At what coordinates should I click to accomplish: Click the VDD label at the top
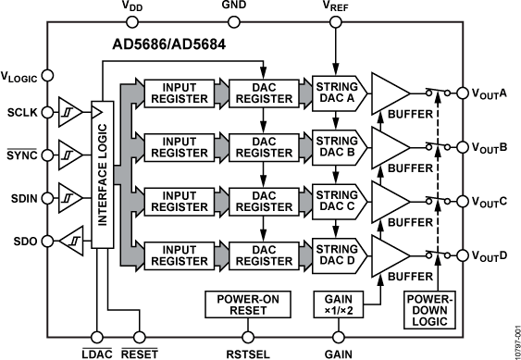[133, 7]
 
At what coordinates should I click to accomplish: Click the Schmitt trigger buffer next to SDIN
[68, 196]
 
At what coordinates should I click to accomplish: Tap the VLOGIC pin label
[22, 78]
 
